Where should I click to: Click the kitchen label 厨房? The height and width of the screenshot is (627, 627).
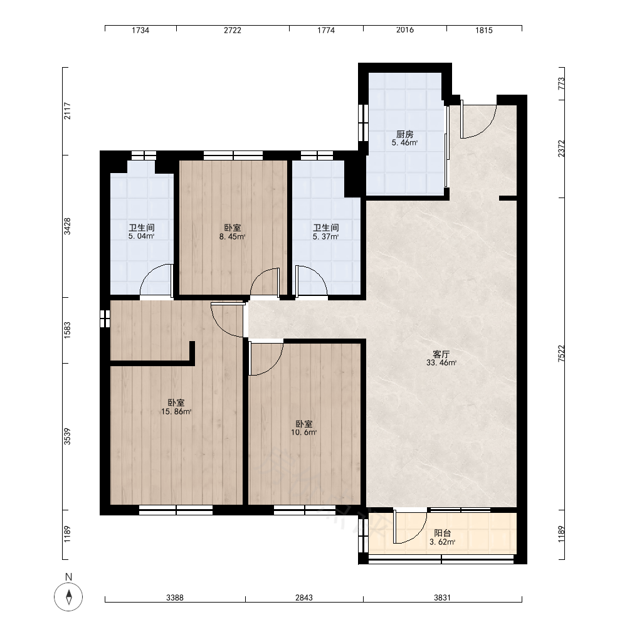click(404, 134)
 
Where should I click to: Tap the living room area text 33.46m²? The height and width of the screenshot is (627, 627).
click(441, 363)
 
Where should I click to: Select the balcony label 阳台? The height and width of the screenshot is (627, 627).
click(443, 533)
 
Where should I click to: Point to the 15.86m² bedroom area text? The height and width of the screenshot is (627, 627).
click(176, 411)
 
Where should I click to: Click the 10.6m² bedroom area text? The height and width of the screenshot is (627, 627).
click(304, 432)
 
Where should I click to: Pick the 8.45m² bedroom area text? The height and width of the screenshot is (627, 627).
click(233, 237)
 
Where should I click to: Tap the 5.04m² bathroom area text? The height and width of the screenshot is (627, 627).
click(142, 236)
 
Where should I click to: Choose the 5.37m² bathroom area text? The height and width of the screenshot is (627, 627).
click(326, 237)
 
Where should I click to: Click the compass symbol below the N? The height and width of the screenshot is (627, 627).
click(68, 597)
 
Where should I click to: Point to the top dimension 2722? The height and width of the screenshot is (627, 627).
click(233, 30)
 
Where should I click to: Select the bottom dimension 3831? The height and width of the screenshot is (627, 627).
click(442, 598)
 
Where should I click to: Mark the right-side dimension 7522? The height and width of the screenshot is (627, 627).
click(561, 354)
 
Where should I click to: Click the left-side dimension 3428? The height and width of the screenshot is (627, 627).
click(67, 226)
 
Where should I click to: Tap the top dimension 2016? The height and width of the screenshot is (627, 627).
click(405, 30)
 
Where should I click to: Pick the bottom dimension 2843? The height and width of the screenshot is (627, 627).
click(304, 598)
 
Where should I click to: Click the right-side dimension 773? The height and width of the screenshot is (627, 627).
click(561, 83)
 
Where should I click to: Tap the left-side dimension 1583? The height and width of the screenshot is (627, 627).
click(67, 330)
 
